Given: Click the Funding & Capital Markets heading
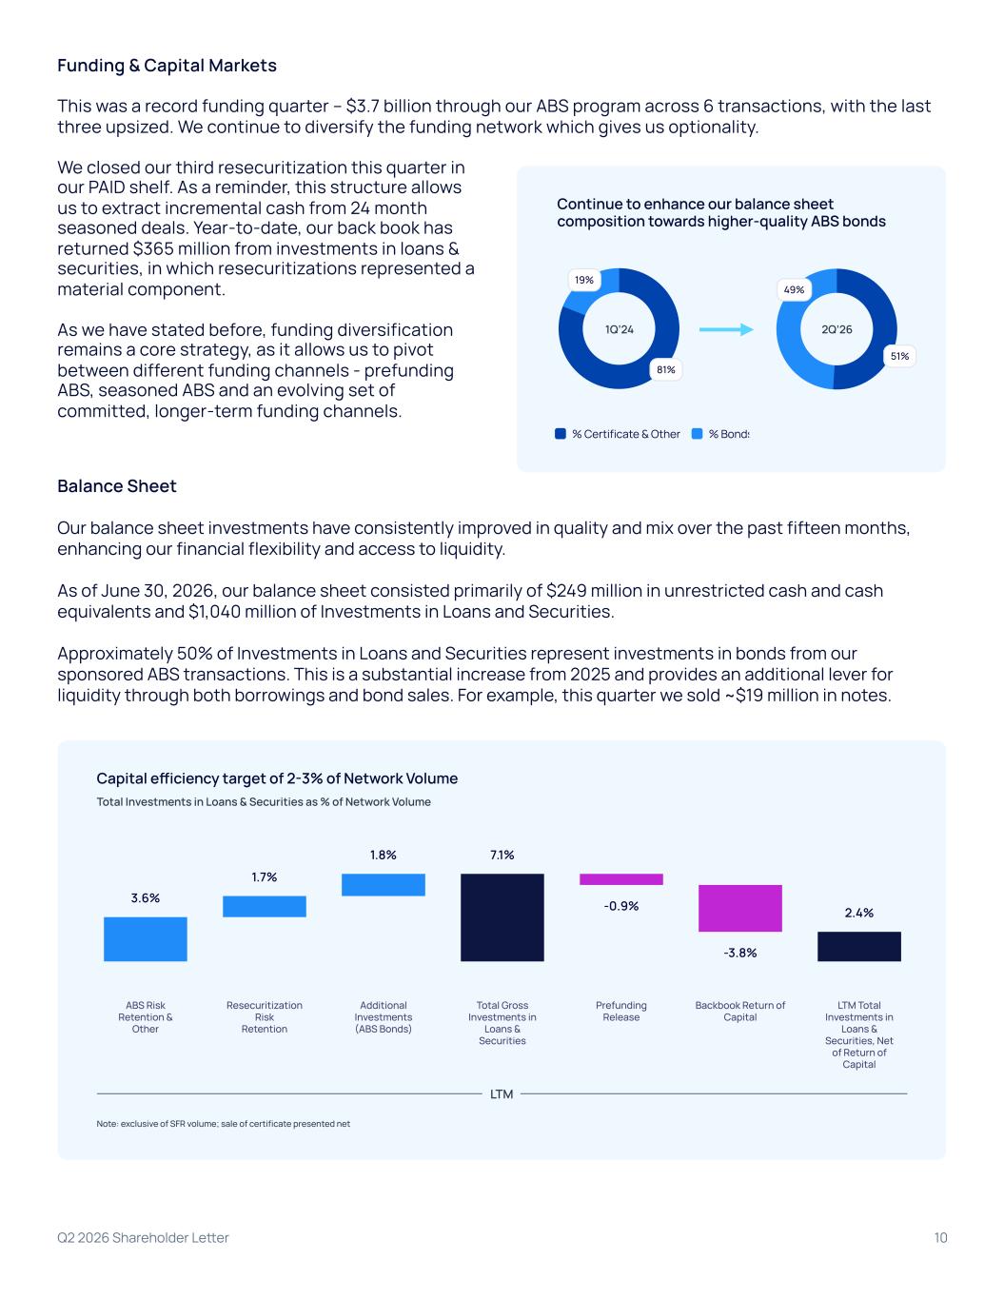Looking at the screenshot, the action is tap(167, 65).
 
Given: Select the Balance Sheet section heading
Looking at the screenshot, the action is tap(116, 486).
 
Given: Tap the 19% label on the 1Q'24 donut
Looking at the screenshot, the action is tap(584, 280).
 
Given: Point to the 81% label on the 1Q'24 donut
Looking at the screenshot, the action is tap(666, 369).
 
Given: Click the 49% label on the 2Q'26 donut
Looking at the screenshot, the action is tap(794, 289).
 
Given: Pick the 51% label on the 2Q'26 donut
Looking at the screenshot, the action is tap(899, 356).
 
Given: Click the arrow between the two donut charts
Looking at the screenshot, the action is tap(726, 329).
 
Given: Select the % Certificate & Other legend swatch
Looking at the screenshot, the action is tap(560, 434).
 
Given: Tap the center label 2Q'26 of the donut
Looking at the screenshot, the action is tap(837, 329).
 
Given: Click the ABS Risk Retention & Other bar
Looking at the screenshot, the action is tap(146, 939).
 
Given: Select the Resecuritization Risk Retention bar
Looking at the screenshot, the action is tap(265, 906).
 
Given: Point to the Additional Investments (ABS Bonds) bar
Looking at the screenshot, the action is tap(384, 885).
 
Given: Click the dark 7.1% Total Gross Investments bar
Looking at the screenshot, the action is tap(502, 917).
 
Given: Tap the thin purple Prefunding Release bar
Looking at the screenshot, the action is tap(620, 879).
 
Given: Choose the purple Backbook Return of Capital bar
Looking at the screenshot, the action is tap(739, 908).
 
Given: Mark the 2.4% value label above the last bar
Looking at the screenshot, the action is tap(858, 913).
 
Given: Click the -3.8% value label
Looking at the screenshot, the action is tap(739, 953).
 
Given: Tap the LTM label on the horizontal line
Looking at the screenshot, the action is tap(502, 1094).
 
